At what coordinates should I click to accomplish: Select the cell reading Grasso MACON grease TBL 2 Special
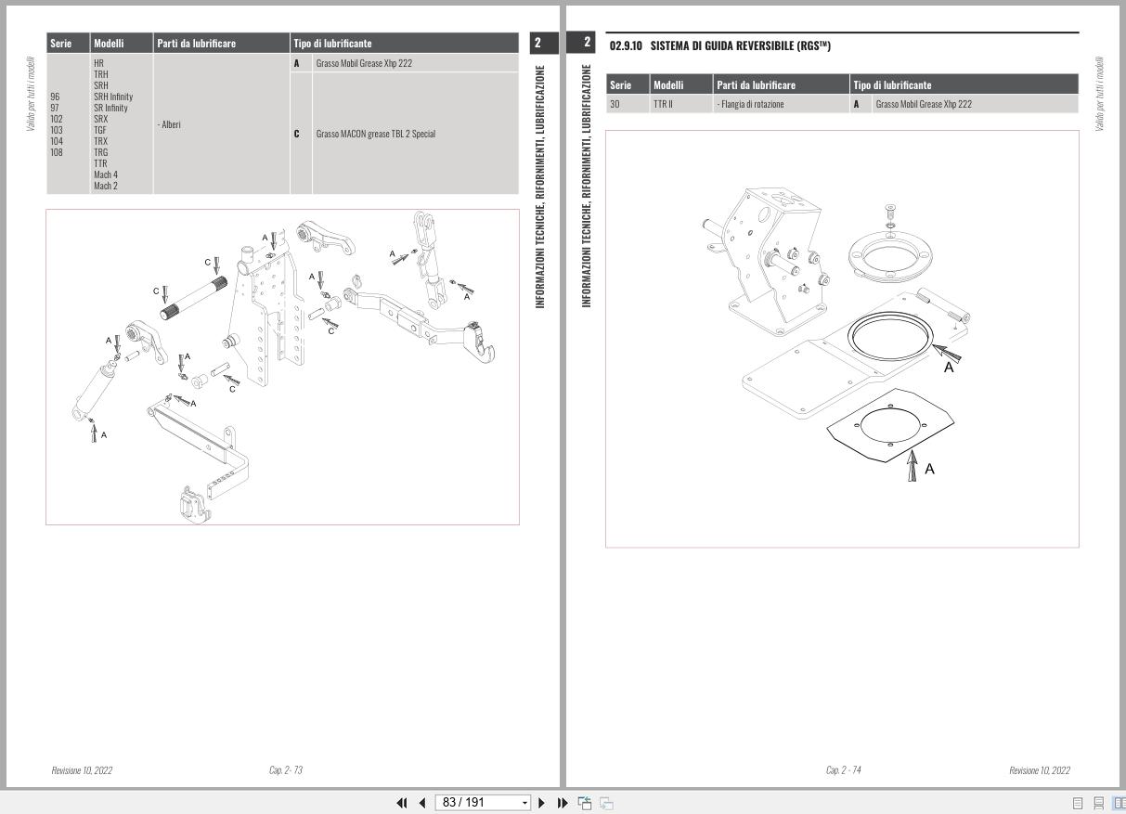tap(375, 134)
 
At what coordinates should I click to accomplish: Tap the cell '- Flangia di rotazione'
tap(750, 104)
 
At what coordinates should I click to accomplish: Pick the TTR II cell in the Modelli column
tap(663, 104)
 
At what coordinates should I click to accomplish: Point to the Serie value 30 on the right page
tap(615, 104)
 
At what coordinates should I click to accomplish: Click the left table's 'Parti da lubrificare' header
tap(197, 44)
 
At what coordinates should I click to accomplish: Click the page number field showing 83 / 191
tap(482, 802)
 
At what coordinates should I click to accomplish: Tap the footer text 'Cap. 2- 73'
tap(285, 770)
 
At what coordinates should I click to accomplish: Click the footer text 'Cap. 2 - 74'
tap(843, 770)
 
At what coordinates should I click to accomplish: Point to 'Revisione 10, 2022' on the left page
tap(82, 770)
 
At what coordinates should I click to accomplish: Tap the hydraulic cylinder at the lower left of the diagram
tap(96, 390)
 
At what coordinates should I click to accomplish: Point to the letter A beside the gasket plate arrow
tap(929, 470)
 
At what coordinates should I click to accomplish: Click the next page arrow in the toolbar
tap(542, 802)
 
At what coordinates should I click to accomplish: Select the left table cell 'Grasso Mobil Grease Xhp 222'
tap(364, 63)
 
